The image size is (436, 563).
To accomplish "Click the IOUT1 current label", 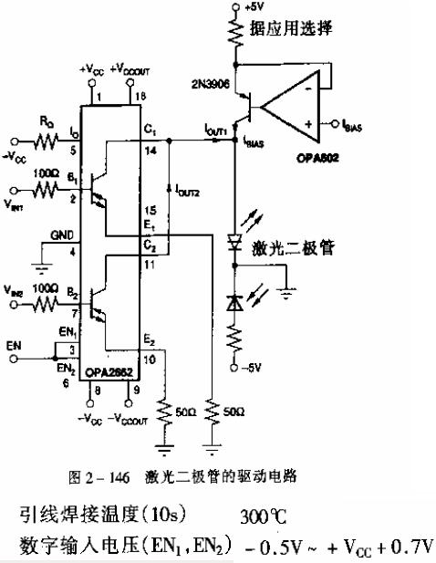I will pyautogui.click(x=214, y=131).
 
